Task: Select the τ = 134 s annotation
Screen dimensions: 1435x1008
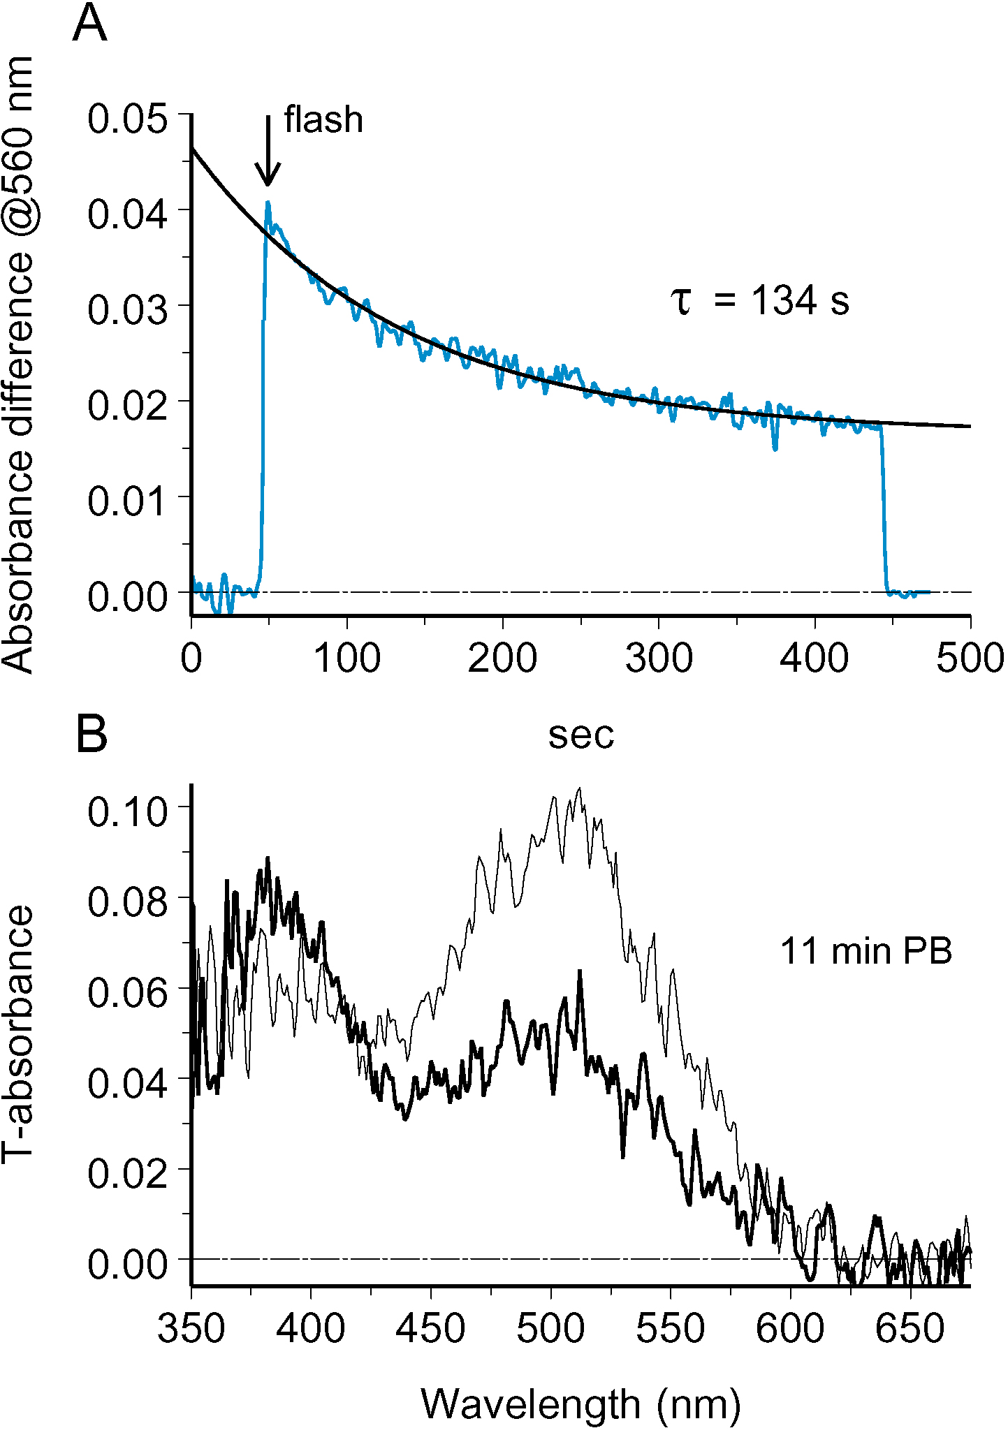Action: coord(760,301)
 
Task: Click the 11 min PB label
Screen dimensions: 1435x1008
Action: coord(866,951)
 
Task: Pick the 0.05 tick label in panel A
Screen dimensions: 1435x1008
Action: coord(128,118)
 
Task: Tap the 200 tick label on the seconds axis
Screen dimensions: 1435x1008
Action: coord(502,658)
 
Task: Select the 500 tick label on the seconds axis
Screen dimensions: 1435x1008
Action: coord(970,658)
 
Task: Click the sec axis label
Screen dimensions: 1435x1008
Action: coord(580,734)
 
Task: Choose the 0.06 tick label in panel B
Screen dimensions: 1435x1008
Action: coord(128,992)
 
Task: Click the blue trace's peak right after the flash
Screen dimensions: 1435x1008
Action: coord(268,203)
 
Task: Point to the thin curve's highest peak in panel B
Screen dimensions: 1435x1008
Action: coord(579,788)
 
